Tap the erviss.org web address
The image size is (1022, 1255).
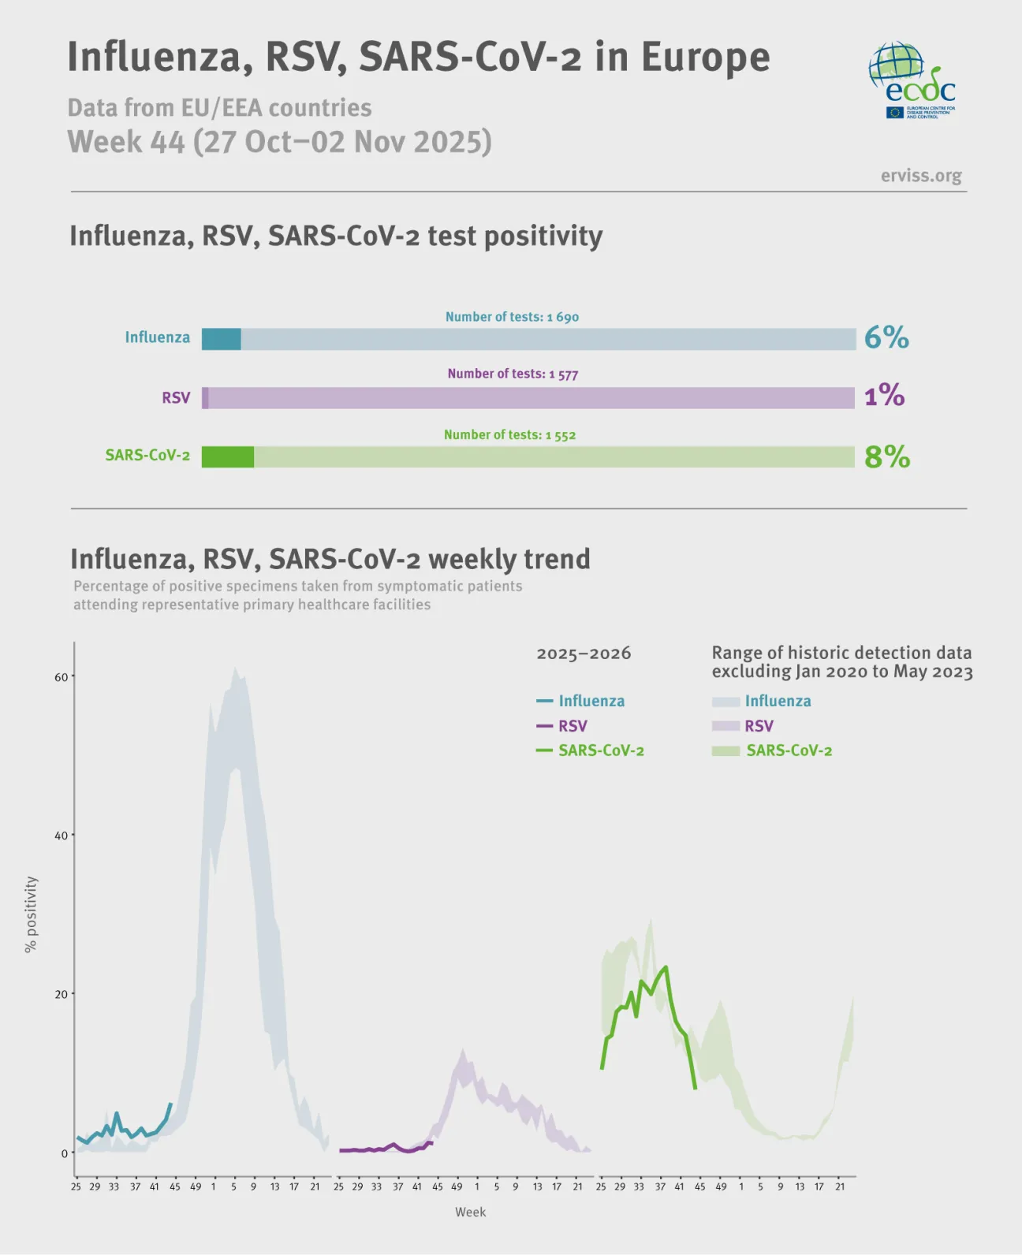point(921,176)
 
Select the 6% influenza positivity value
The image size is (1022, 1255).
point(886,338)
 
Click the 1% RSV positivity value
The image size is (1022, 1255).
point(884,395)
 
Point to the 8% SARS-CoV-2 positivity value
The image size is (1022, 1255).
point(887,456)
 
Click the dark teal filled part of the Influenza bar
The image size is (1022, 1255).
point(221,339)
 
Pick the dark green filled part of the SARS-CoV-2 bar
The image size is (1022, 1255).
point(227,457)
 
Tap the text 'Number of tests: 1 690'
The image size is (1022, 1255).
point(512,317)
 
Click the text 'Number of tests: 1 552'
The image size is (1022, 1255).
point(509,435)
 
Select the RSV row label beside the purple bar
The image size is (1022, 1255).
point(176,397)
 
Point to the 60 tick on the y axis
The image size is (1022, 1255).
point(61,677)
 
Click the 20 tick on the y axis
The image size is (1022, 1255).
point(61,995)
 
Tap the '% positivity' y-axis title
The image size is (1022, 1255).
point(31,914)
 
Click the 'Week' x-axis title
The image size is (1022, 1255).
point(470,1212)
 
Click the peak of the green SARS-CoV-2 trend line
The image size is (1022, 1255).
point(666,966)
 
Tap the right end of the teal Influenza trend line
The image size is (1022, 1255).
point(170,1104)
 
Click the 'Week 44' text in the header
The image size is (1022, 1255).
point(126,143)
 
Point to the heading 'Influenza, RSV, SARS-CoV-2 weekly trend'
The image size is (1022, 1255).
point(330,559)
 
